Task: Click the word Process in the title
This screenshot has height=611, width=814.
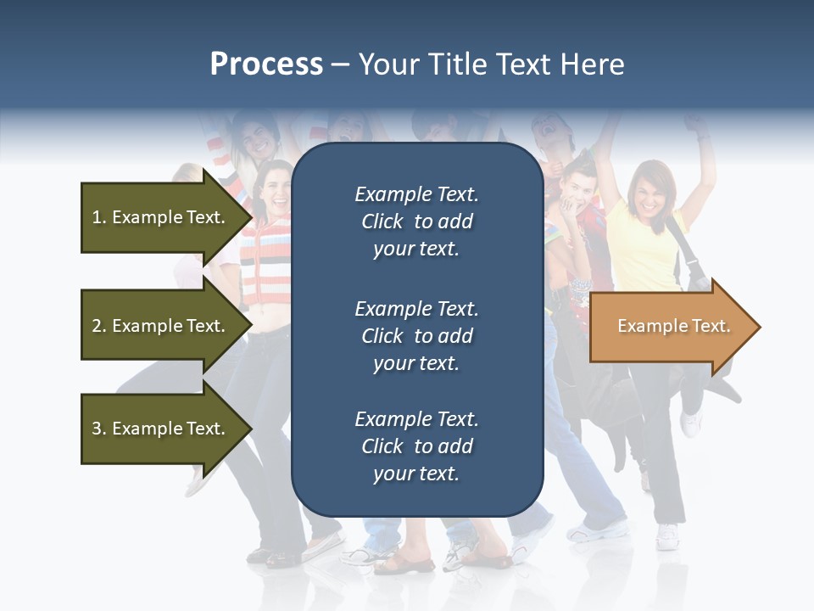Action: [x=266, y=64]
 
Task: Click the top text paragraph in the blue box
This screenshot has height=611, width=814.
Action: [x=416, y=221]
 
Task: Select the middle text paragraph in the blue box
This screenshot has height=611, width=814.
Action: [x=416, y=336]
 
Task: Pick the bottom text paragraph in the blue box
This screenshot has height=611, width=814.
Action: [x=416, y=446]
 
